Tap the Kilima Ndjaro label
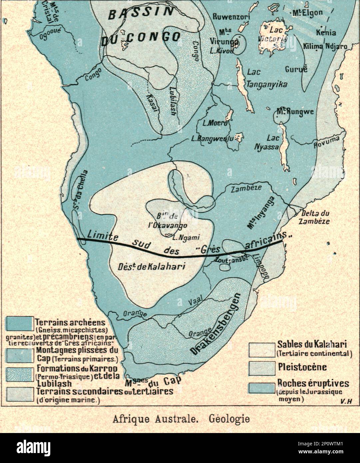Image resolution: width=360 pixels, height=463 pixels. [x=325, y=46]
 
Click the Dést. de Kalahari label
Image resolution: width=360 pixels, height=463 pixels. [x=152, y=266]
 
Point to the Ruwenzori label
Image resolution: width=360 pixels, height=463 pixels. [x=231, y=16]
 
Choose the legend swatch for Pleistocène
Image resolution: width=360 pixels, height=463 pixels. [x=261, y=367]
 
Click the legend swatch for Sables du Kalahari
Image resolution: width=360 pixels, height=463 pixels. [x=261, y=349]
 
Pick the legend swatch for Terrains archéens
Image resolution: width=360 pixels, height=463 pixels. [x=20, y=323]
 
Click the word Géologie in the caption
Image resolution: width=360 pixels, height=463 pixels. [x=229, y=418]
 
